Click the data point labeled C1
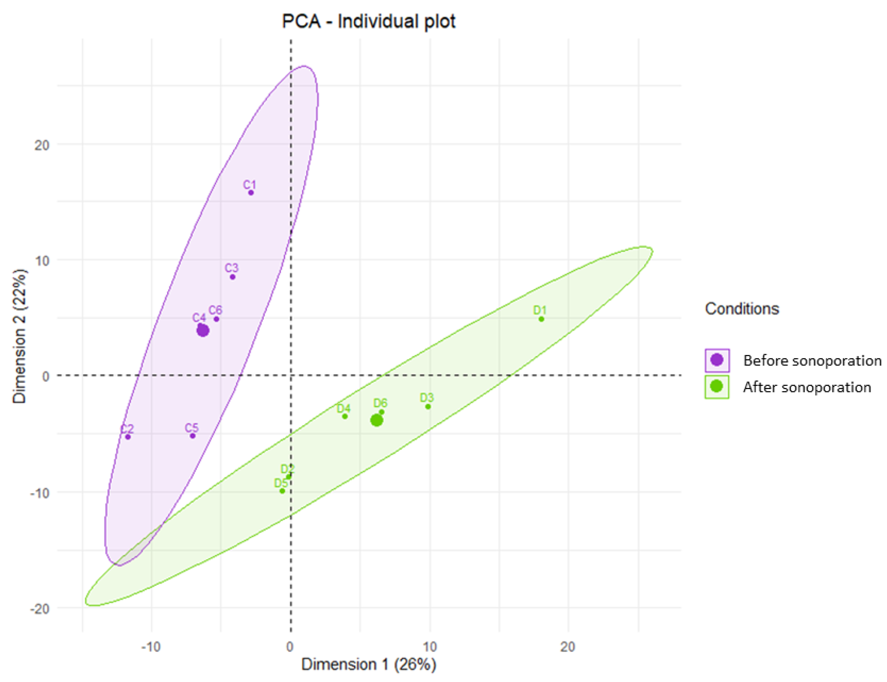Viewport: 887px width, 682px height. point(251,193)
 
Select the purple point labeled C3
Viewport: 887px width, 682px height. point(233,277)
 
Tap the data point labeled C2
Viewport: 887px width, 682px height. point(128,437)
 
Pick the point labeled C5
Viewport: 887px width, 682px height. point(193,436)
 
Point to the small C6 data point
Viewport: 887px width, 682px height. point(216,319)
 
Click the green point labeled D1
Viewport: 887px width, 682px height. point(541,319)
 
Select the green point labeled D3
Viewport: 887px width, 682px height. point(428,407)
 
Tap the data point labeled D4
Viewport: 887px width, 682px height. point(345,416)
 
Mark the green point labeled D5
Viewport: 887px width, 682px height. point(282,491)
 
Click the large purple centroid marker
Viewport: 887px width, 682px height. point(203,331)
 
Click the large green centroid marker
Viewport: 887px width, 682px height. point(377,420)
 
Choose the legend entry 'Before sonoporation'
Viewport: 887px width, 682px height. point(812,360)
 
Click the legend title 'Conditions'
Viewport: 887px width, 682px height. point(742,309)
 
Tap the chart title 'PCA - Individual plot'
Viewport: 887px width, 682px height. point(369,21)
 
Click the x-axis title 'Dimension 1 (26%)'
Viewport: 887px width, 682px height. point(369,664)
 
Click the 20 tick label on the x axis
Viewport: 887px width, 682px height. point(567,646)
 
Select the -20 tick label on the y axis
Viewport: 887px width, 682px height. point(39,609)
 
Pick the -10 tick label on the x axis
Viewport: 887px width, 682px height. point(151,646)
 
